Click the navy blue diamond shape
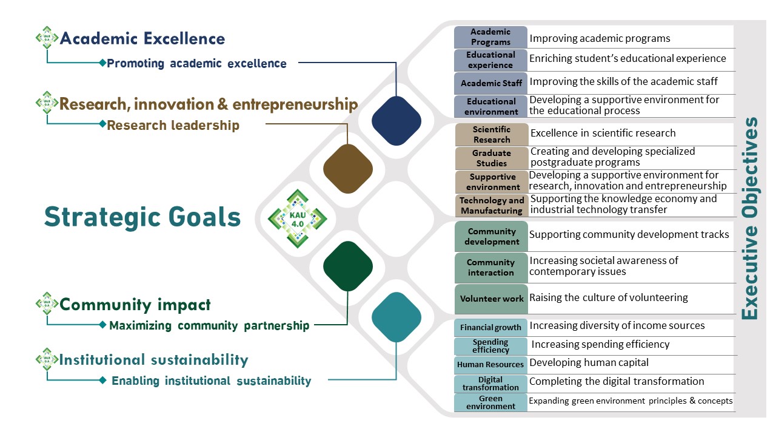396,121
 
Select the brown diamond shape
348,169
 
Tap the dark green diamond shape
348,266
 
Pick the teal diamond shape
396,317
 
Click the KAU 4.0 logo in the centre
297,218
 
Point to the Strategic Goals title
142,217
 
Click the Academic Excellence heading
142,38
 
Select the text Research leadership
173,125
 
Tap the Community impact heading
135,305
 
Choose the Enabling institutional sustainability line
212,381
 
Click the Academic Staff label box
490,83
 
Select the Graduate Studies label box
492,158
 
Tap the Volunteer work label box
491,299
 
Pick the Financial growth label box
490,327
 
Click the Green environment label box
490,402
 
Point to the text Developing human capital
589,362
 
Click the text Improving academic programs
600,38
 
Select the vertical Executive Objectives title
750,218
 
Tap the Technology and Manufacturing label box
492,205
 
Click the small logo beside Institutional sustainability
47,359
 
